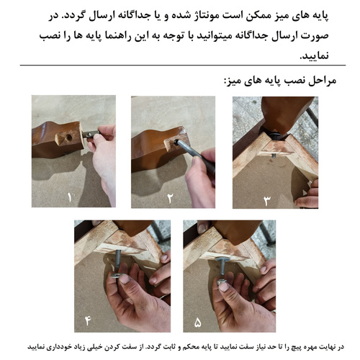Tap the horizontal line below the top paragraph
(x=180, y=66)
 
